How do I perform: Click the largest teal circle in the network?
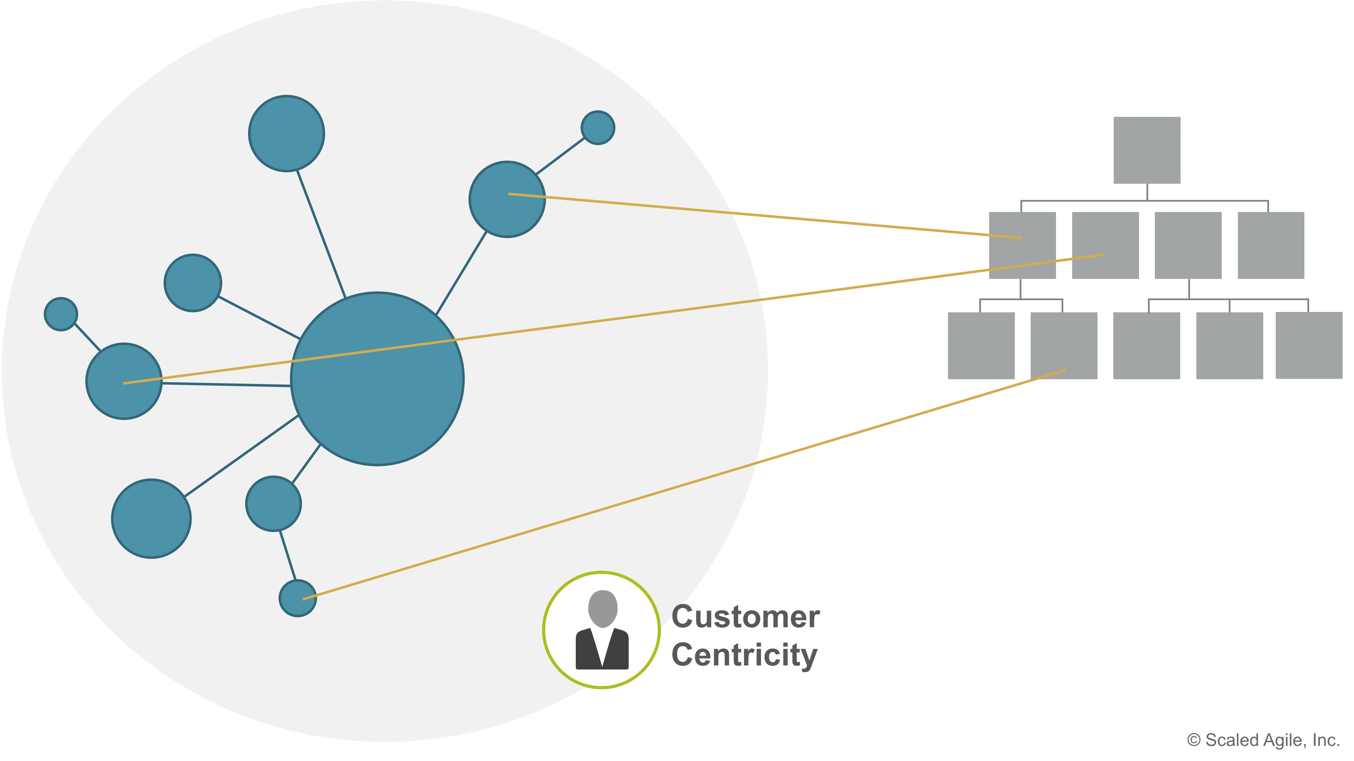(x=377, y=399)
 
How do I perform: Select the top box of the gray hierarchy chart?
(x=1146, y=150)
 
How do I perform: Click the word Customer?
(x=745, y=617)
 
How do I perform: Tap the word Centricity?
(x=744, y=655)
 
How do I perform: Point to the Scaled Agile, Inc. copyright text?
(x=1263, y=740)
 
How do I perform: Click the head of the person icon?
(x=602, y=607)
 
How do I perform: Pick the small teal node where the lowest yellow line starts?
(x=298, y=598)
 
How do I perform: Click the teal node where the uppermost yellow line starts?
(x=507, y=199)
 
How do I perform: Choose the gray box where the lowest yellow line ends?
(x=1064, y=345)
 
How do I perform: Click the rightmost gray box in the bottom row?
(x=1309, y=345)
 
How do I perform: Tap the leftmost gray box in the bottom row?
(x=981, y=345)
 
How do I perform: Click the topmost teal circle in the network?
(x=287, y=133)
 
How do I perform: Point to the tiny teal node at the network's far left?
(x=61, y=314)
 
